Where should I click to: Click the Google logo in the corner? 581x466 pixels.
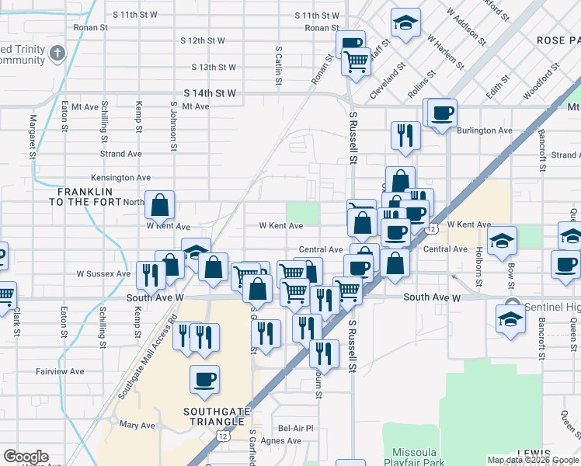coord(26,457)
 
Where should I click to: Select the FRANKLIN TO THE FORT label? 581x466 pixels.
coord(85,196)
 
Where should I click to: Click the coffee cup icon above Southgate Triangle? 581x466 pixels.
coord(205,379)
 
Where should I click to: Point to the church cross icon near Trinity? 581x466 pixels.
coord(57,54)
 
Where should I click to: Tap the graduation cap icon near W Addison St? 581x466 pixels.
coord(405,23)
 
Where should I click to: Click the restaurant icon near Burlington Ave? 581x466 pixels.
coord(405,135)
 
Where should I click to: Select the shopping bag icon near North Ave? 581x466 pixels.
coord(159,206)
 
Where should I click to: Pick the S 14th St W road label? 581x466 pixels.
coord(210,93)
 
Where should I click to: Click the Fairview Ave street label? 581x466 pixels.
coord(60,372)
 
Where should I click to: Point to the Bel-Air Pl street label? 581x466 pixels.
coord(296,428)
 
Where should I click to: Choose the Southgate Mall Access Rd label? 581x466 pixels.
coord(148,349)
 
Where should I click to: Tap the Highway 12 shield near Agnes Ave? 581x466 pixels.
coord(223,436)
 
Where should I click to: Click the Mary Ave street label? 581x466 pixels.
coord(137,425)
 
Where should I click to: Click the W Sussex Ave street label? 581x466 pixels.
coord(103,273)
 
